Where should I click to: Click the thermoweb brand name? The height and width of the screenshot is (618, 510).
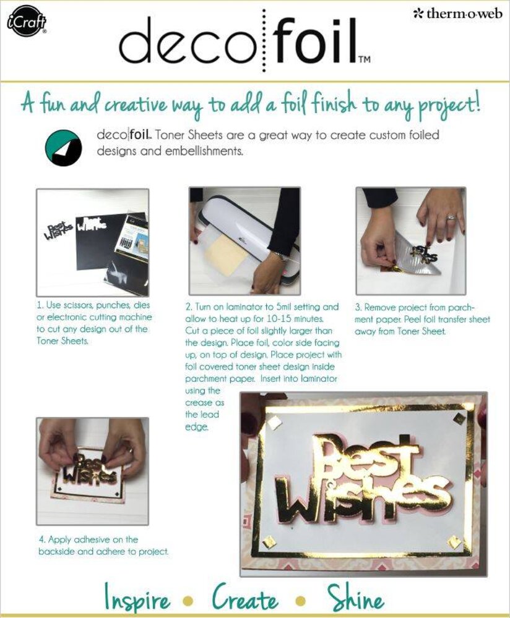pos(458,14)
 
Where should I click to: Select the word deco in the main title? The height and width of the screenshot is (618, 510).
pos(189,44)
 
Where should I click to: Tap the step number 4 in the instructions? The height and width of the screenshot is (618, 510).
pos(40,540)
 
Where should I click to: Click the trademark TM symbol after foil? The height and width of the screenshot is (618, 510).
pos(364,60)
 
